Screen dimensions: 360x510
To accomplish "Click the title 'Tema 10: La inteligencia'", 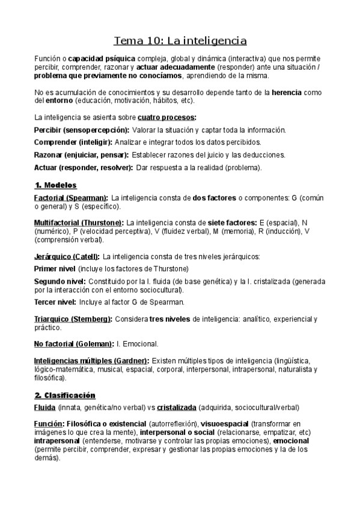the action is pos(180,41).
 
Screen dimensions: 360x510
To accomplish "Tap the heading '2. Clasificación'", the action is pos(65,395).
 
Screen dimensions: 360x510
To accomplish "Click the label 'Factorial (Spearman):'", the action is pos(72,197).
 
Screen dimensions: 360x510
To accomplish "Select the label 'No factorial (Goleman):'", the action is pos(71,344).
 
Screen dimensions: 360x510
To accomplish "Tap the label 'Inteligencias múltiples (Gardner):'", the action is pos(92,360).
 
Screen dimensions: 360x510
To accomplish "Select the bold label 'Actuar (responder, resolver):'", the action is pos(84,167).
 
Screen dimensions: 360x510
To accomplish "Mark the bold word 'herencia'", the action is pos(287,93).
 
